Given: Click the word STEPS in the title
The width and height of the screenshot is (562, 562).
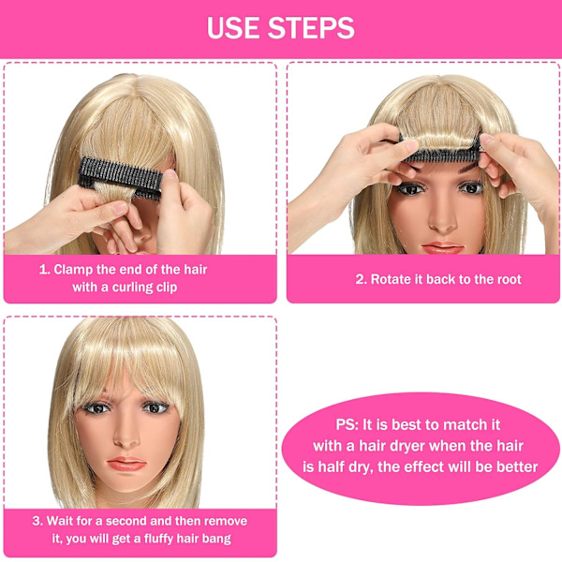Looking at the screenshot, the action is tap(311, 28).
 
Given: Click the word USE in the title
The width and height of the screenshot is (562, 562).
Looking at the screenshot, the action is tap(233, 28).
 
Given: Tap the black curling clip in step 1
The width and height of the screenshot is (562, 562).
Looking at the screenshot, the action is tap(121, 178).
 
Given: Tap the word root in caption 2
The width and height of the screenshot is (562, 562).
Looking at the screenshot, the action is tap(508, 279).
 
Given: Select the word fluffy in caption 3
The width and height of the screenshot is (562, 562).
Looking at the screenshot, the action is tap(161, 539).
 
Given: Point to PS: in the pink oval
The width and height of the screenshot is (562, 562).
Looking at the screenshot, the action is tap(348, 424).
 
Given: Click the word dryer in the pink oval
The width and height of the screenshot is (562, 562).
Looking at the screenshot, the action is tap(407, 447).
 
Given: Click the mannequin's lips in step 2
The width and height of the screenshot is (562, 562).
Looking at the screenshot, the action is tap(443, 247).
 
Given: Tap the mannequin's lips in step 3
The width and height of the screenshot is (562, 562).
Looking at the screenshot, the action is tap(126, 464).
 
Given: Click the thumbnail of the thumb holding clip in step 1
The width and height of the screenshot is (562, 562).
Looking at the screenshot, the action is tap(171, 174).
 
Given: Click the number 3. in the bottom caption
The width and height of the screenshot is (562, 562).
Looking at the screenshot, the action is tap(37, 521).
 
